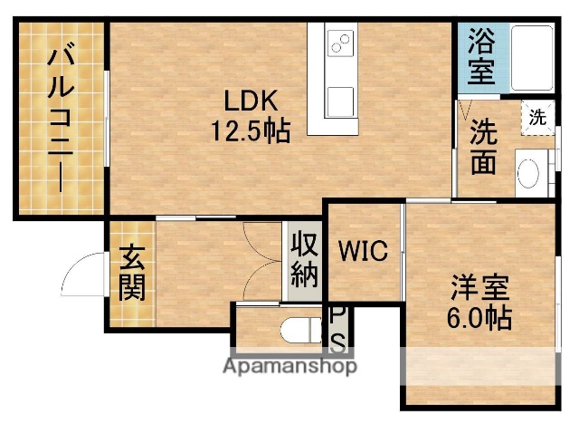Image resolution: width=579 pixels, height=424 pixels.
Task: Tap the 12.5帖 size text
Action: point(251,132)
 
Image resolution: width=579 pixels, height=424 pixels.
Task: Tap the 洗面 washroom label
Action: point(483,147)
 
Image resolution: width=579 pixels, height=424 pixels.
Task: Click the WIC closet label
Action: point(363,251)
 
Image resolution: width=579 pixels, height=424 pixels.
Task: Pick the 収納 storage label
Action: point(305,261)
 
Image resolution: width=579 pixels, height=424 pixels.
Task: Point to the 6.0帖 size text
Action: point(480,319)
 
